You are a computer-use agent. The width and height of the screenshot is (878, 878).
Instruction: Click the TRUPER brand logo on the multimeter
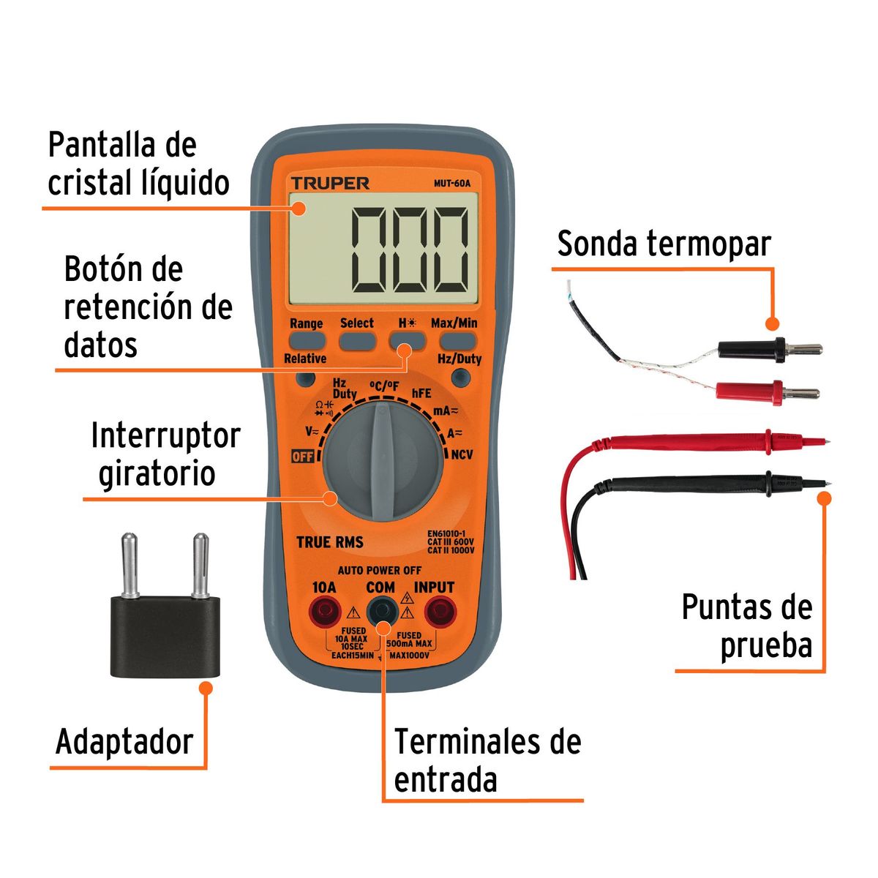point(330,183)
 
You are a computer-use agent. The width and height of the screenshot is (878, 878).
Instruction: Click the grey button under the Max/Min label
point(457,340)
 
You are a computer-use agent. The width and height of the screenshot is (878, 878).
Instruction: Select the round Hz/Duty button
point(461,378)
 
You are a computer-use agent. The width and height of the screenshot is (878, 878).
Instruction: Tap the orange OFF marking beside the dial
point(302,456)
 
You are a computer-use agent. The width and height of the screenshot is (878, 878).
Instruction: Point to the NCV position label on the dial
point(462,454)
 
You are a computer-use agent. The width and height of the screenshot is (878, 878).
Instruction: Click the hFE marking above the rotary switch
point(421,393)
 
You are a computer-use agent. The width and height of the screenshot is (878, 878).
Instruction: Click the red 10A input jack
point(325,610)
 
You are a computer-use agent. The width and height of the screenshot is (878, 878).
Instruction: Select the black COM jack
point(381,610)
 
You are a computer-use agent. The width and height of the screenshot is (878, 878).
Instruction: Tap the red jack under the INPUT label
point(438,610)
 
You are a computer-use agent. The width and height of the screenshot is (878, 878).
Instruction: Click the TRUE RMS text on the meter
point(330,542)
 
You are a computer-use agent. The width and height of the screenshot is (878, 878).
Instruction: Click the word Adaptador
point(124,742)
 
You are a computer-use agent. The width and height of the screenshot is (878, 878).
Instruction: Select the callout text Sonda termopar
point(664,244)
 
